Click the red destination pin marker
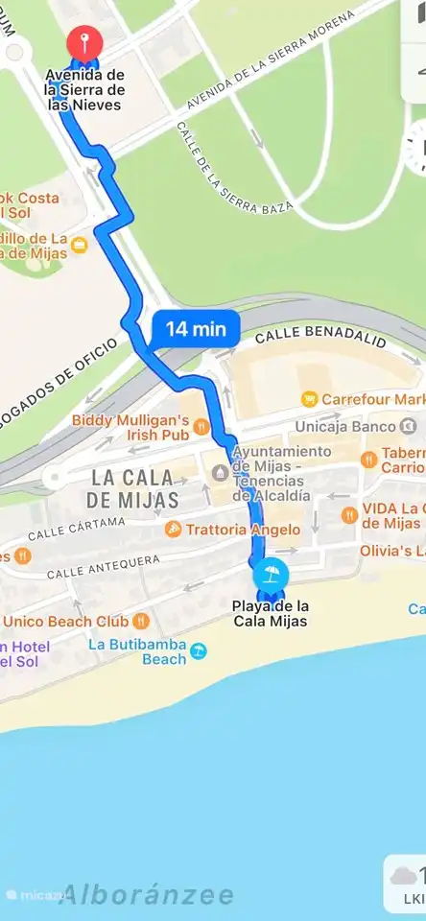[85, 44]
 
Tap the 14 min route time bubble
[195, 329]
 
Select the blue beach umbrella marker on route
[272, 575]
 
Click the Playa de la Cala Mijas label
[271, 613]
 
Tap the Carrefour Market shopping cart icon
[309, 398]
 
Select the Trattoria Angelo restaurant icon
[174, 529]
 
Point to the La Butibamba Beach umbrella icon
[199, 650]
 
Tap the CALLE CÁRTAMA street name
[77, 527]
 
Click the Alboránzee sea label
[146, 895]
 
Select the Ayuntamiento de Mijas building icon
[221, 471]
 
